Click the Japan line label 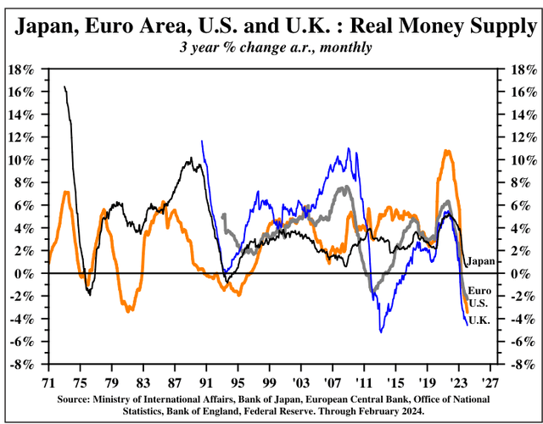point(483,261)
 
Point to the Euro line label point(481,291)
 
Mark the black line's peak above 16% point(65,86)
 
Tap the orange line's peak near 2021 point(446,151)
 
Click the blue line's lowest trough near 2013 point(380,331)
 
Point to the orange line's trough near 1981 point(128,311)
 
